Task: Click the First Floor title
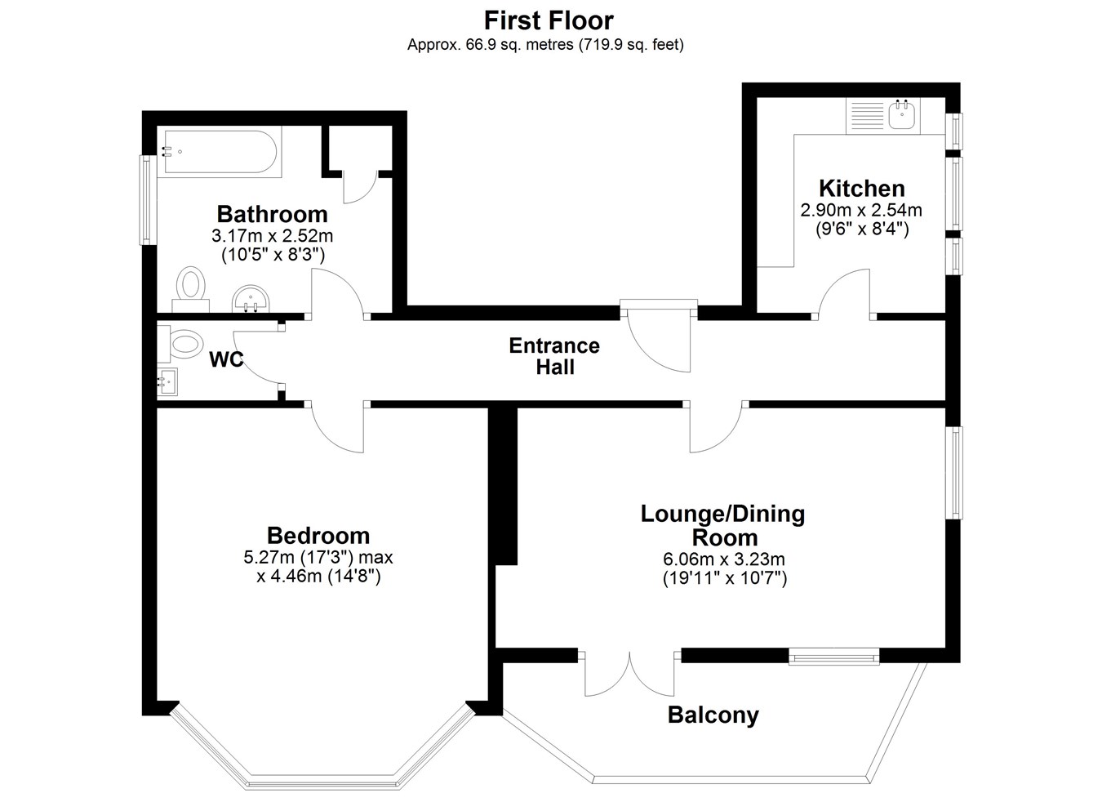tap(549, 20)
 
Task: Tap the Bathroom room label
tap(272, 214)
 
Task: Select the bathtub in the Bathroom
tap(223, 151)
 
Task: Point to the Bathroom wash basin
tap(251, 300)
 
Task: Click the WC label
tap(226, 360)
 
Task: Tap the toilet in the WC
tap(180, 343)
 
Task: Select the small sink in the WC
tap(167, 382)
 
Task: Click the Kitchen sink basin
tap(904, 114)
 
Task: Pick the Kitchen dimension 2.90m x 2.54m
tap(861, 210)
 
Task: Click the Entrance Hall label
tap(554, 356)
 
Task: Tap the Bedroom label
tap(318, 536)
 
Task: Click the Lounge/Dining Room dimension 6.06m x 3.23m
tap(724, 559)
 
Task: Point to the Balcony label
tap(713, 715)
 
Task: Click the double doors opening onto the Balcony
tap(629, 675)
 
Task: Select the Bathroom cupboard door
tap(360, 187)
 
